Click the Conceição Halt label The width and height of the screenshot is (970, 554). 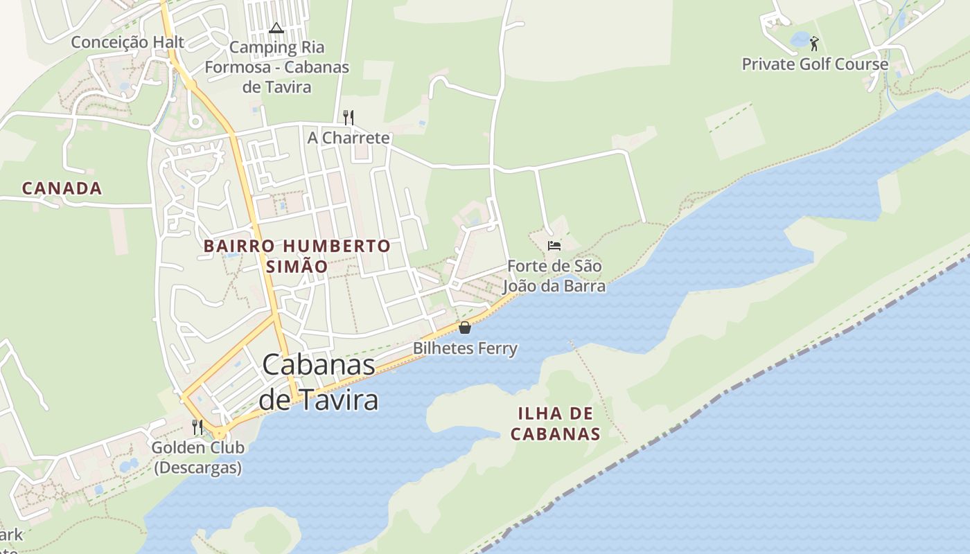[x=127, y=42]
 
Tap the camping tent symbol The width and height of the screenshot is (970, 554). [x=276, y=28]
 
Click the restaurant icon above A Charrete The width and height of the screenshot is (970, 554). [x=349, y=117]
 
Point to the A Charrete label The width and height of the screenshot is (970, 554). [x=349, y=138]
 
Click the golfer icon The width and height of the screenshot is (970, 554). [x=814, y=44]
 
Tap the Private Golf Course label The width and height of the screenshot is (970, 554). [x=815, y=64]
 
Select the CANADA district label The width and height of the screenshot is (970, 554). [x=62, y=188]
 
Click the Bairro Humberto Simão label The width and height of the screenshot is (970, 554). [x=297, y=256]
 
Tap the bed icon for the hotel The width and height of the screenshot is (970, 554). [x=554, y=245]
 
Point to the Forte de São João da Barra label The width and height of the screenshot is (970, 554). [x=554, y=276]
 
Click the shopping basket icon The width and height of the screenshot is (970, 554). [x=465, y=327]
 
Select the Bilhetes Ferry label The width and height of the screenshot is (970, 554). [x=465, y=348]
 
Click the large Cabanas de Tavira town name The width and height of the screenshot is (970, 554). [x=319, y=382]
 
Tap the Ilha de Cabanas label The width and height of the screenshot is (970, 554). [x=556, y=424]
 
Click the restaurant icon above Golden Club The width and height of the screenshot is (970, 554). [x=197, y=427]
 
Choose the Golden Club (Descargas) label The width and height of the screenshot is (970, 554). [x=197, y=457]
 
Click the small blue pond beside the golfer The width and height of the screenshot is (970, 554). [x=800, y=39]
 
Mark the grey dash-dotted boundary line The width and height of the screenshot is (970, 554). [x=693, y=415]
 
